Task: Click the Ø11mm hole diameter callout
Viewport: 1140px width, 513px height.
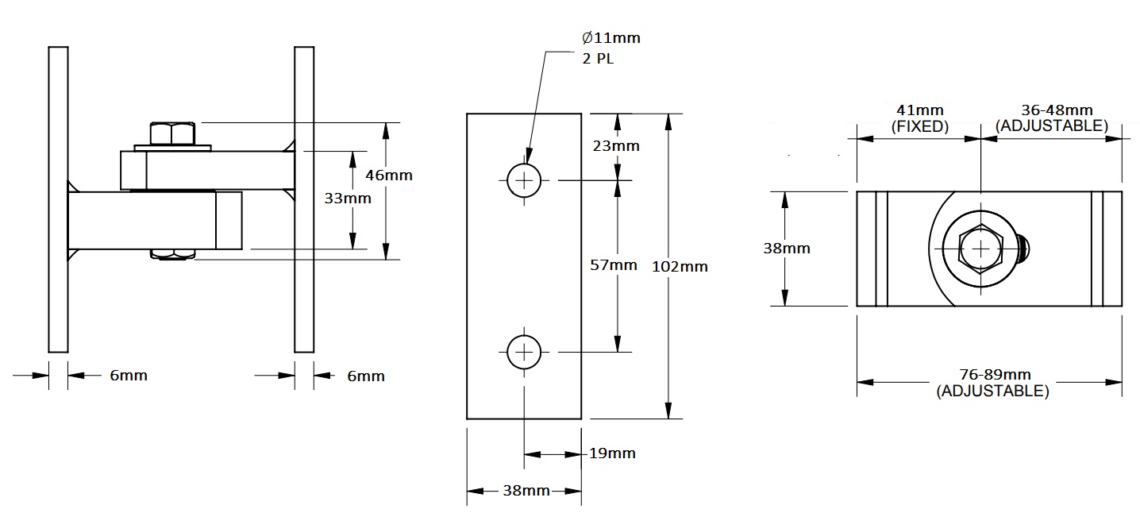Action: [x=610, y=37]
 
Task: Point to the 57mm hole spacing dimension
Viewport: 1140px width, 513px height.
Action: [x=614, y=265]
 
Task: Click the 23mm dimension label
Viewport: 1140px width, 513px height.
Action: [x=617, y=146]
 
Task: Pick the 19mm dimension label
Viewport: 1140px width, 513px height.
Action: [x=613, y=453]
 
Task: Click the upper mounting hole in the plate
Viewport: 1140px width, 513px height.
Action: [x=524, y=181]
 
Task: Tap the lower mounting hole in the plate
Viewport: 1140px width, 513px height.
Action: [x=524, y=352]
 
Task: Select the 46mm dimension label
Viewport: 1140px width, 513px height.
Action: [x=390, y=175]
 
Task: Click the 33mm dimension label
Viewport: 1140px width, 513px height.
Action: [x=349, y=199]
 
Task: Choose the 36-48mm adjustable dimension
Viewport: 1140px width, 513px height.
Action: [x=1052, y=118]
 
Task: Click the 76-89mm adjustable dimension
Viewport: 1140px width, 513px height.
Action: [x=992, y=383]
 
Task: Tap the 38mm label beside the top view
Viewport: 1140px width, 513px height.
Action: [x=787, y=248]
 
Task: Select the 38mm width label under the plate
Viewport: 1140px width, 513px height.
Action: [x=526, y=491]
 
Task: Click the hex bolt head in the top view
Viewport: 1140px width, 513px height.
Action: [x=981, y=249]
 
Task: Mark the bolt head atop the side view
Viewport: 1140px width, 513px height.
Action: [x=171, y=133]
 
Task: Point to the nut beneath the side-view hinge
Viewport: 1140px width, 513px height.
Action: [x=173, y=254]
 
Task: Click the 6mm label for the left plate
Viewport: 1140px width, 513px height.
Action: [x=129, y=375]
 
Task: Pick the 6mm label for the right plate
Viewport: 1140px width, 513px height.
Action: [x=366, y=376]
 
